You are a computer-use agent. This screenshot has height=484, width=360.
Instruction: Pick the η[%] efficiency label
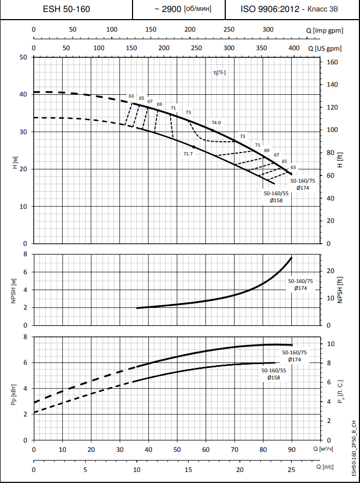coord(220,72)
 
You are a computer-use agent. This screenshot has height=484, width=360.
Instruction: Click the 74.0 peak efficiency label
coord(217,123)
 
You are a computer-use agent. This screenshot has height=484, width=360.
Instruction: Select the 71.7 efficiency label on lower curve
coord(188,154)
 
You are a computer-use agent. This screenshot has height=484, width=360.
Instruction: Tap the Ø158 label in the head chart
coord(276,200)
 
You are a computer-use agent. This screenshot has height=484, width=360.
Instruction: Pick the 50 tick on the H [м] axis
coord(23,57)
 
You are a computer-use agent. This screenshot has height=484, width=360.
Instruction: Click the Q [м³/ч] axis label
coord(325,449)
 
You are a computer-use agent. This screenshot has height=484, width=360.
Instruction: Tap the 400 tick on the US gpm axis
coord(293,48)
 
